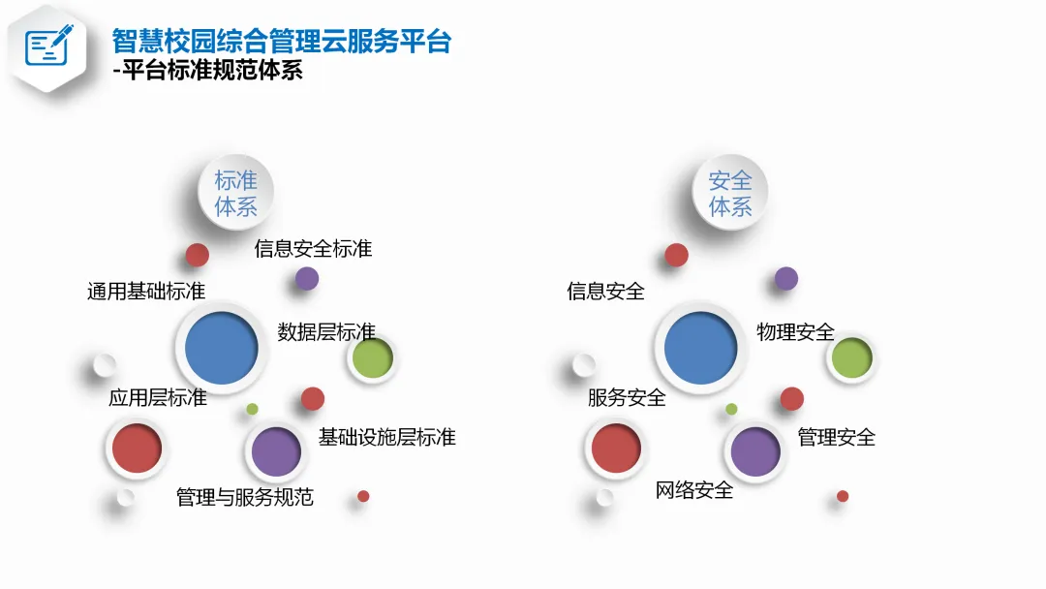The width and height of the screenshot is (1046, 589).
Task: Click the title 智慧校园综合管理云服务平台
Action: point(282,43)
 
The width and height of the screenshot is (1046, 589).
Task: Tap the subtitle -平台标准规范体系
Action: point(208,72)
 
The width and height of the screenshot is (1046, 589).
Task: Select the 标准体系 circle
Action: point(229,193)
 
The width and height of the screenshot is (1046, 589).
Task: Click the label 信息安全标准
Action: point(313,249)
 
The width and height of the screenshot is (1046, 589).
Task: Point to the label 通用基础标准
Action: point(146,291)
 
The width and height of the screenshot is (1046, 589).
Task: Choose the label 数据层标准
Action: point(326,331)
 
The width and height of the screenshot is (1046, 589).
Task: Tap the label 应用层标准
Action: point(158,397)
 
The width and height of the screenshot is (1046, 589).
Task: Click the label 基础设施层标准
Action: point(386,437)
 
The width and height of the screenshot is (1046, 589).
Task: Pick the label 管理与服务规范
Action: point(245,498)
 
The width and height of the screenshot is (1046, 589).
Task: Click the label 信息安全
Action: point(605,291)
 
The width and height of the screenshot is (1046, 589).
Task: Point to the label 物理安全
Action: point(795,332)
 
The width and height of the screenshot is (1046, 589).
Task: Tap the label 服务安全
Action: point(627,397)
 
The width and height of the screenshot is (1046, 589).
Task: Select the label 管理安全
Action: point(836,437)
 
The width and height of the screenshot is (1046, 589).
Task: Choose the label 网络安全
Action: point(694,490)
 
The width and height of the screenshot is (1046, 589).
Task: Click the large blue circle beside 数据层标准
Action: point(221,348)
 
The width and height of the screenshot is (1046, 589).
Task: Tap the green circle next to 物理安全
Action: point(852,357)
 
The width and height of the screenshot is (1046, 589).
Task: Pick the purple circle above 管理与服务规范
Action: point(276,450)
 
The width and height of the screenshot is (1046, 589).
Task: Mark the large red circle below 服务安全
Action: point(616,449)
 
